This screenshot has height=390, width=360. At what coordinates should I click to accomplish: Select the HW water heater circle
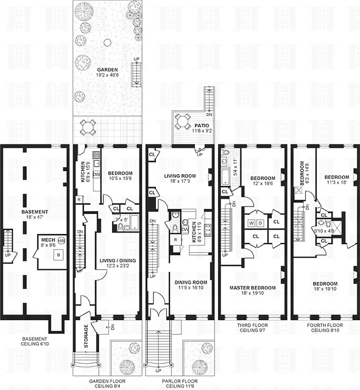point(61,241)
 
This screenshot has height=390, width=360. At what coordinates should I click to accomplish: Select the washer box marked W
point(251,223)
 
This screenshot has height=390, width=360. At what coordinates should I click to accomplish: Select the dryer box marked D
point(261,223)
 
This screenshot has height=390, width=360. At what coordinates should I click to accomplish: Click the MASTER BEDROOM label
point(252,288)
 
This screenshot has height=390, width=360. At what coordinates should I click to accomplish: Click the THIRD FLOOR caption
point(252,325)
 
